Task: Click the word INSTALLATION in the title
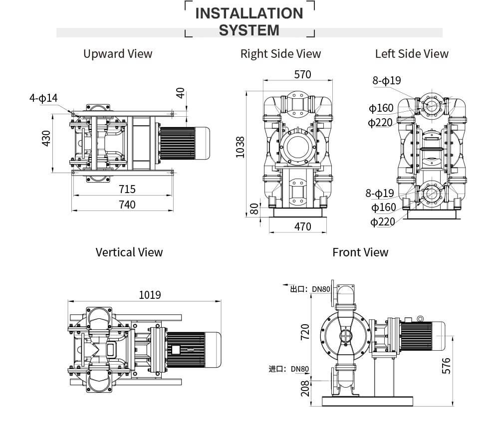pos(249,13)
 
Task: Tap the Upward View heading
pos(118,54)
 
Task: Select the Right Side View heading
pos(280,54)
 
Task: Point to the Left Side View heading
pos(412,54)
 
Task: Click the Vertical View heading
pos(129,252)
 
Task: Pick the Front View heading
pos(360,252)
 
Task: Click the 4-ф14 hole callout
pos(43,98)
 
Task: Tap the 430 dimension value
pos(46,138)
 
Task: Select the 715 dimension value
pos(127,189)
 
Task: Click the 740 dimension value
pos(127,205)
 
